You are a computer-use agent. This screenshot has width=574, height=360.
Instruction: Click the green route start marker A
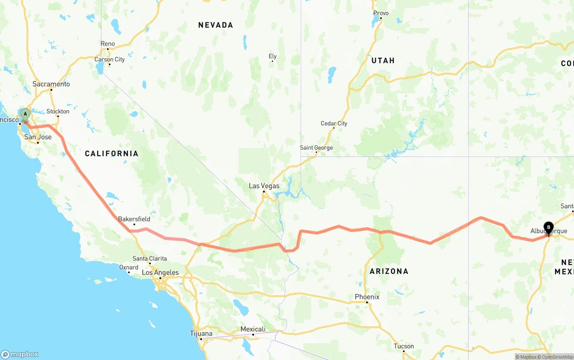click(26, 114)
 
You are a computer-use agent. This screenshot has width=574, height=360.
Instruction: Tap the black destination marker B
click(548, 227)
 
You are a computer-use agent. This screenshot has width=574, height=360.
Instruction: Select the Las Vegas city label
click(264, 186)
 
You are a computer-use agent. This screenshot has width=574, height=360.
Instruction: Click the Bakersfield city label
click(134, 219)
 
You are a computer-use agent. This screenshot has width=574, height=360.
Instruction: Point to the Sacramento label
click(51, 84)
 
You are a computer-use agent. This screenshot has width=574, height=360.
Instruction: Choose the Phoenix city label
click(367, 297)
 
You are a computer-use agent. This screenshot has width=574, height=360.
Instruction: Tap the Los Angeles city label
click(160, 273)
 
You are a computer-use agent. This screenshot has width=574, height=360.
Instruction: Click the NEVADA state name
click(216, 25)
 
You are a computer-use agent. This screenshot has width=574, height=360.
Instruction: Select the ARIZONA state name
click(389, 271)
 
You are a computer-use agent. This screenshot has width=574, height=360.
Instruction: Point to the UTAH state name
click(383, 61)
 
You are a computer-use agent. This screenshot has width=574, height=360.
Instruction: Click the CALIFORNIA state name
click(112, 154)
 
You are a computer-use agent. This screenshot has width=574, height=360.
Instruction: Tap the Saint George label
click(316, 147)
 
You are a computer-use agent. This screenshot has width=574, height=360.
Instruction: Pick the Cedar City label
click(334, 123)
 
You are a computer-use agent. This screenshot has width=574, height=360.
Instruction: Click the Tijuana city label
click(201, 334)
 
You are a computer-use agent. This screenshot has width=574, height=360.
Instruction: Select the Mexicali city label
click(253, 329)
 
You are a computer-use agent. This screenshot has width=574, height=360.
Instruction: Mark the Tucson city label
click(404, 346)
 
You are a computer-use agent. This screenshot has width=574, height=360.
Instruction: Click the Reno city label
click(108, 43)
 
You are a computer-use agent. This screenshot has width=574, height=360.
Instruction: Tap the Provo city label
click(381, 13)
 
